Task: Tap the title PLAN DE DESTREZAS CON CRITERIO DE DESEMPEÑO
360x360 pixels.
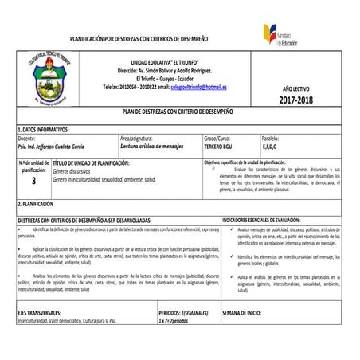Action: [x=181, y=113]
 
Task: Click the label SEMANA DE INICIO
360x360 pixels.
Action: [x=242, y=313]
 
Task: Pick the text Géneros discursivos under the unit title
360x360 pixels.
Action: [x=72, y=171]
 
